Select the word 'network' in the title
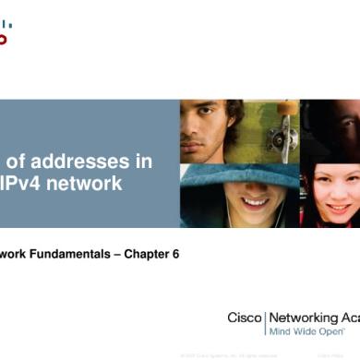89,184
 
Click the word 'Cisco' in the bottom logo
245,318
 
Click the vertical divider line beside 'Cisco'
266,323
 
